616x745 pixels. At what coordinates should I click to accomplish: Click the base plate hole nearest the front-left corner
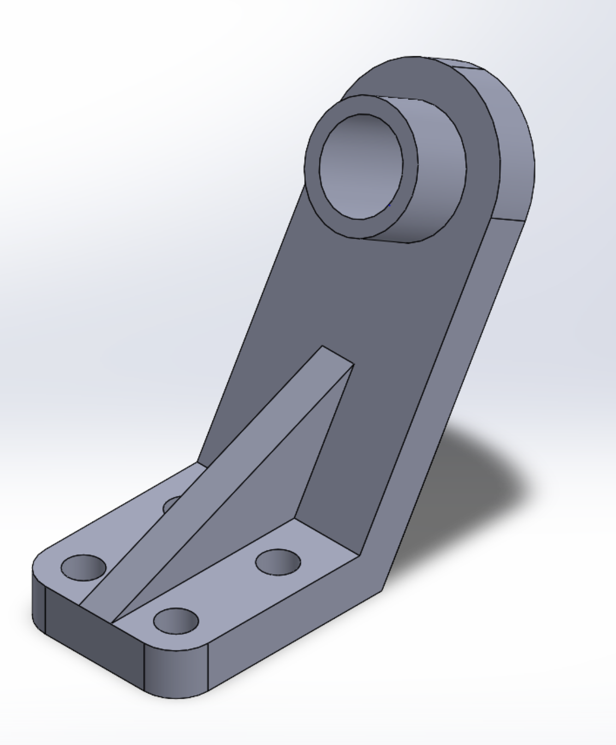pos(83,567)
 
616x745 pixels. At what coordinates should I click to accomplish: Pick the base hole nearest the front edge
pos(176,620)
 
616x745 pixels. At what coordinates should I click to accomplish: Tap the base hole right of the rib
pos(278,562)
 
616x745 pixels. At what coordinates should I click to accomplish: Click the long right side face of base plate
pos(295,617)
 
